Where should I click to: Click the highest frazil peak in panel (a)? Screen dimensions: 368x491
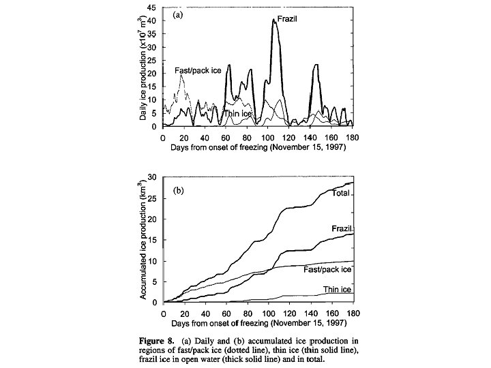[274, 20]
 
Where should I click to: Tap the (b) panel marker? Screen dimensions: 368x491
[177, 191]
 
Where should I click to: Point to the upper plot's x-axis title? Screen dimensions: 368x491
[258, 147]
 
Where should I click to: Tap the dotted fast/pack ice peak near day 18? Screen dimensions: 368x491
[181, 76]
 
